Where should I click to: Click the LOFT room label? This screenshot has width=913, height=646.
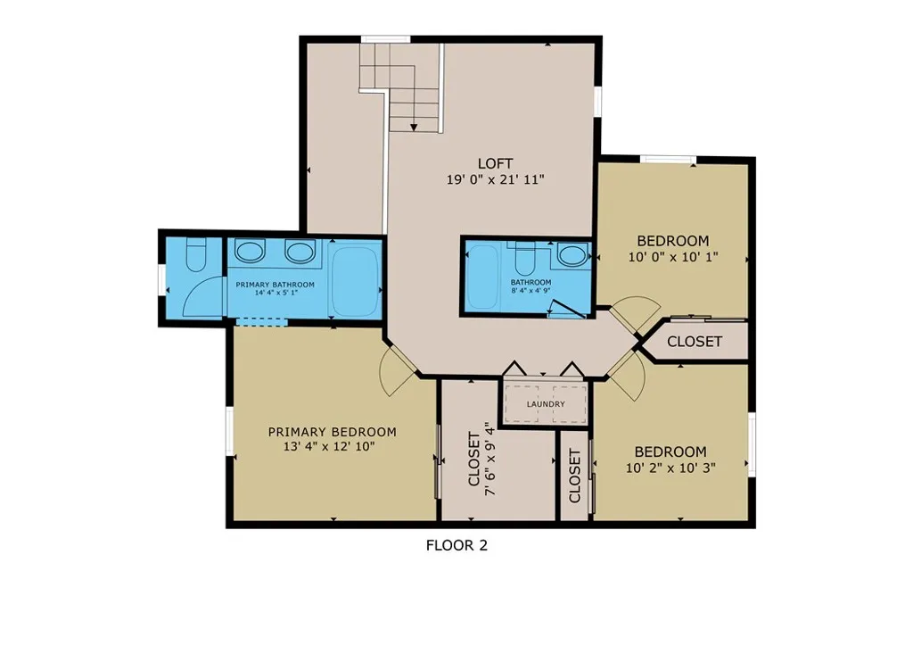click(495, 163)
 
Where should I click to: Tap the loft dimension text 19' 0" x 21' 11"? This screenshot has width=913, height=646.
click(495, 179)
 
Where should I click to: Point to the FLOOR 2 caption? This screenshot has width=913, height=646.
click(456, 545)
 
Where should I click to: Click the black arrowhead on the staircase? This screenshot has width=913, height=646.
click(414, 126)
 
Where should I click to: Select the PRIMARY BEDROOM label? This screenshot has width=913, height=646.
click(332, 432)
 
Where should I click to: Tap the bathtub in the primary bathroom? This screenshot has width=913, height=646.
click(355, 282)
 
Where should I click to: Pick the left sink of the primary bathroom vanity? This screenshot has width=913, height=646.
click(250, 252)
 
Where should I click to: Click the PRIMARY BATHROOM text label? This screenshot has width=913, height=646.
click(275, 285)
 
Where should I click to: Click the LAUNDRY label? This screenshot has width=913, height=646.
click(546, 404)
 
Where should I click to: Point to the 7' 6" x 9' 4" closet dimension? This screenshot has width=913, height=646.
click(489, 459)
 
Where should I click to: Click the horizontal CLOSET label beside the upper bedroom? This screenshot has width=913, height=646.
click(694, 342)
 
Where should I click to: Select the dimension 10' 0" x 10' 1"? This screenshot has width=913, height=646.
click(672, 257)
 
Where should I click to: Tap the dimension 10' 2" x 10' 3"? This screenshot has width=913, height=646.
click(670, 468)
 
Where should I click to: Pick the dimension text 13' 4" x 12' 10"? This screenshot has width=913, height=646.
click(328, 447)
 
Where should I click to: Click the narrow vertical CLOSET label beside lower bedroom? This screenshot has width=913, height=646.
click(575, 476)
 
